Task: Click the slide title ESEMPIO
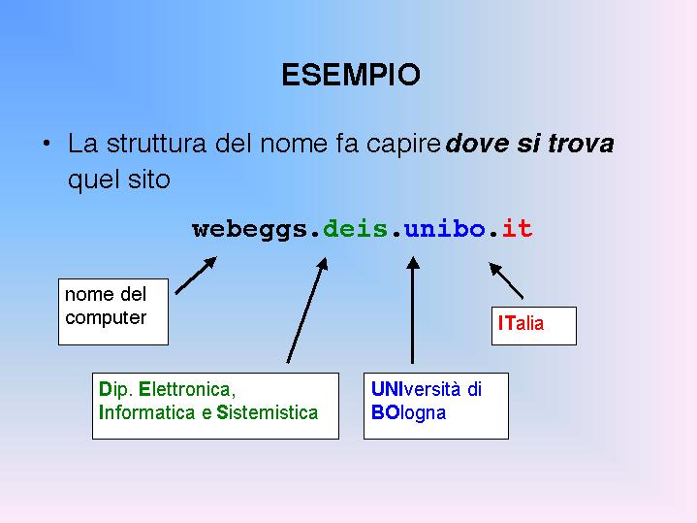351,75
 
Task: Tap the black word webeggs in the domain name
250,230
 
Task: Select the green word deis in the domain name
355,228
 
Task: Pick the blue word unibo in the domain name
445,228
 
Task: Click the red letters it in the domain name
517,228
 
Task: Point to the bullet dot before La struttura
47,144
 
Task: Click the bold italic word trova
581,144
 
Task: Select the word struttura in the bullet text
156,144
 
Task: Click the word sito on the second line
149,180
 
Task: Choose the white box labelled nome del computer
113,311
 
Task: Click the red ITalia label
521,323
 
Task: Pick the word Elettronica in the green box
187,389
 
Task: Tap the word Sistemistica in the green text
268,412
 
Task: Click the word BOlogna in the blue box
408,413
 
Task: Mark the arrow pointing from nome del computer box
196,275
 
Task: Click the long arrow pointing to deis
307,311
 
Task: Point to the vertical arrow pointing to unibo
413,311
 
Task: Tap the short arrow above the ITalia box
506,280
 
